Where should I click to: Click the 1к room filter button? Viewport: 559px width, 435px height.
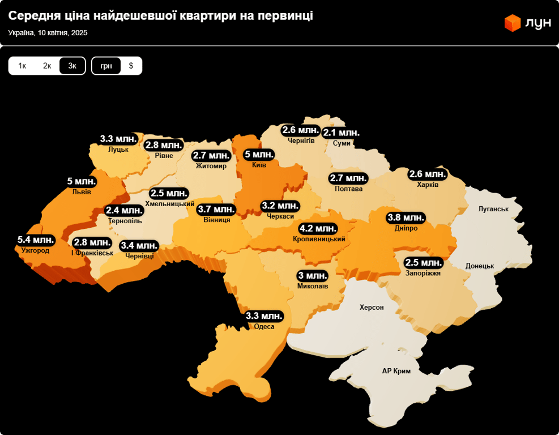point(22,66)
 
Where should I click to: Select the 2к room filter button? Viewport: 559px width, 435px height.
point(47,66)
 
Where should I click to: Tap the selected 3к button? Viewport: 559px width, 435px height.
point(72,66)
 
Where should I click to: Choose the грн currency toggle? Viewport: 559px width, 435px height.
point(106,66)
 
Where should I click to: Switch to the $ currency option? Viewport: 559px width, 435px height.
point(131,66)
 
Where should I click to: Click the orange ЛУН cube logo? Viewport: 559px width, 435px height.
point(513,23)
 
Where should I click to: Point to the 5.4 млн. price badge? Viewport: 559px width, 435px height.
point(36,240)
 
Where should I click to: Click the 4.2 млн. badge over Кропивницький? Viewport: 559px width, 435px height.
point(318,229)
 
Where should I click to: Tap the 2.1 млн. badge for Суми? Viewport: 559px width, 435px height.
point(341,133)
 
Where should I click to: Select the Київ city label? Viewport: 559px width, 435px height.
point(259,165)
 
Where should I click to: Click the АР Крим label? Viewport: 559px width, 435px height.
point(396,371)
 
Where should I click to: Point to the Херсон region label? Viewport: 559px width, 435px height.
point(372,308)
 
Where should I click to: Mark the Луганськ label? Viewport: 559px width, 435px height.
point(493,209)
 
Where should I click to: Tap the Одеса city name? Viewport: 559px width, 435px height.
point(264,327)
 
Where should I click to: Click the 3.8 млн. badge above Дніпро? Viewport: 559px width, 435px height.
point(406,217)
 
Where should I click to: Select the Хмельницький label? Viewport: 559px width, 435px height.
point(170,204)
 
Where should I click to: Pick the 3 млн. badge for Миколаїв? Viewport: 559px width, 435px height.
point(313,276)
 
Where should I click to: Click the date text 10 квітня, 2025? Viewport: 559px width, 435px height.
point(62,33)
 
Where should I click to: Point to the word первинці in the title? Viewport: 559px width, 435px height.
point(285,16)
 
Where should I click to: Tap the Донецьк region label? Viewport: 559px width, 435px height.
point(480,266)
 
